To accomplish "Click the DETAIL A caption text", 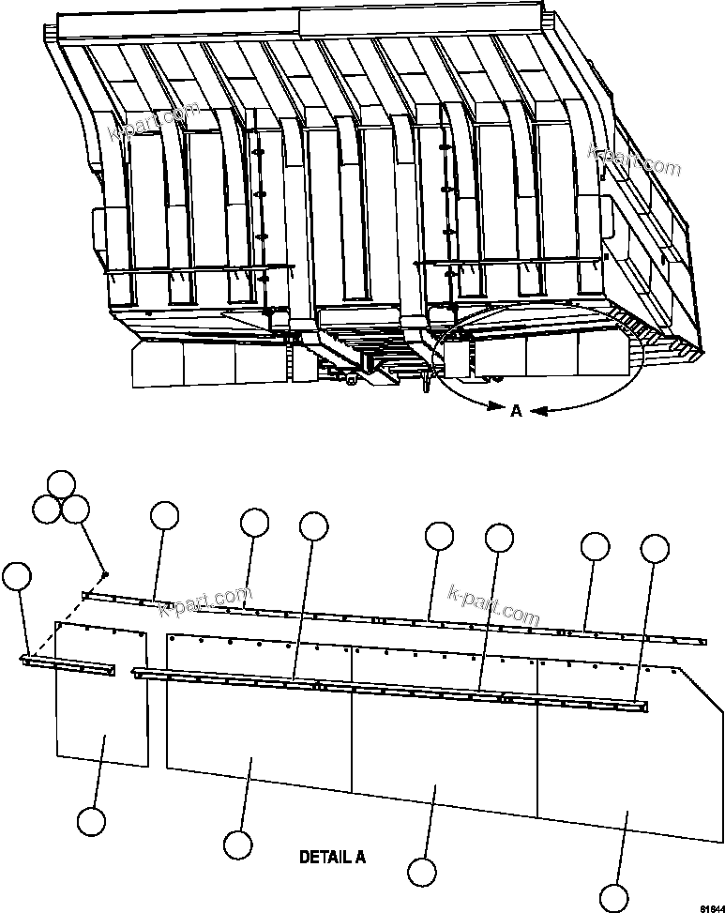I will pyautogui.click(x=332, y=857).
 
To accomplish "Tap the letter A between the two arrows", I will pyautogui.click(x=516, y=410).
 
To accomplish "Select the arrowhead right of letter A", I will pyautogui.click(x=541, y=411).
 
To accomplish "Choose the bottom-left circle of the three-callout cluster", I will pyautogui.click(x=46, y=510).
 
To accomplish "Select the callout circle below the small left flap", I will pyautogui.click(x=91, y=821).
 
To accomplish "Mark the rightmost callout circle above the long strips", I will pyautogui.click(x=654, y=548).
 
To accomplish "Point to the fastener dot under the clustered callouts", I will pyautogui.click(x=106, y=574).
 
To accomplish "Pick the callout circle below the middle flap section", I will pyautogui.click(x=422, y=872).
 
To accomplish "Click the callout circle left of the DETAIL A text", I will pyautogui.click(x=238, y=844).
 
